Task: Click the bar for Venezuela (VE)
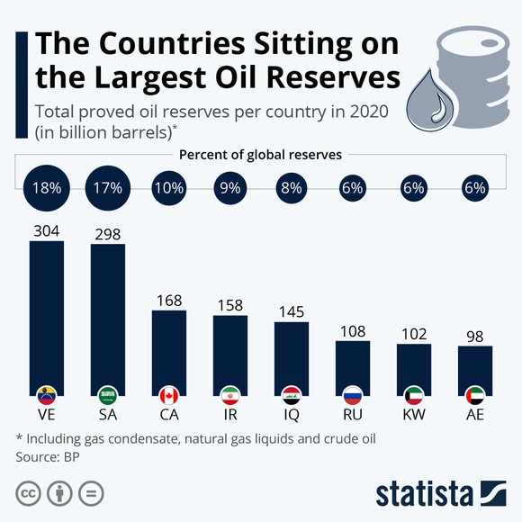(x=47, y=315)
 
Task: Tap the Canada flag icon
(x=169, y=395)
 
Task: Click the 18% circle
(x=47, y=189)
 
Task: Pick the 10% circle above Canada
(x=169, y=189)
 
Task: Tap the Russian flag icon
(x=353, y=395)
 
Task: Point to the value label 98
(x=475, y=334)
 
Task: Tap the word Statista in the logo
(x=423, y=494)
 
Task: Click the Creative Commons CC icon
(x=29, y=493)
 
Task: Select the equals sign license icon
(x=89, y=493)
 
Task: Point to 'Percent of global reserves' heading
(x=260, y=155)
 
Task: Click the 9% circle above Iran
(x=230, y=189)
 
